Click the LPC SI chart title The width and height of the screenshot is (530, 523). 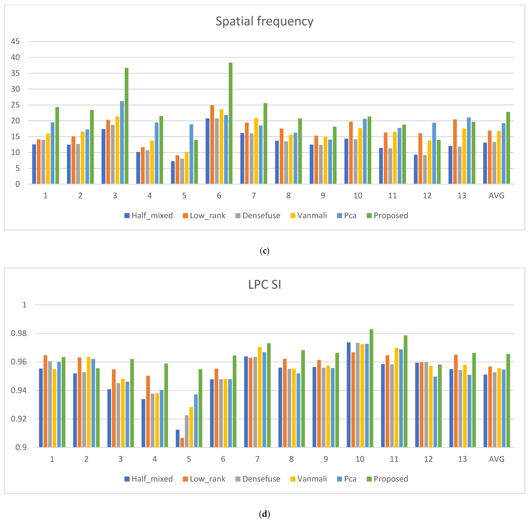(264, 285)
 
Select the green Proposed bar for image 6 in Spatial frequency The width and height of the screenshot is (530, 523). (230, 123)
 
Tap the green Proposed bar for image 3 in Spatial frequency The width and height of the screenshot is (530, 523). (127, 126)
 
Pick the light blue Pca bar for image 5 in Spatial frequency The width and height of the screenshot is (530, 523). (191, 154)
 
